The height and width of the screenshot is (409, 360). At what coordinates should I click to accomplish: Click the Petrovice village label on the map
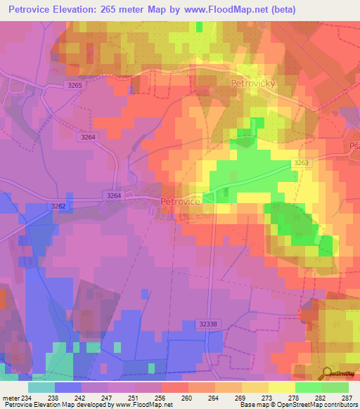(181, 202)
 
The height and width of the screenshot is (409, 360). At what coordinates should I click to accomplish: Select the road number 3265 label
(75, 85)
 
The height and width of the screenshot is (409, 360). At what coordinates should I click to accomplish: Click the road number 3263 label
(302, 162)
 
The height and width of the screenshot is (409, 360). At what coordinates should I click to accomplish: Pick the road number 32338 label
(208, 323)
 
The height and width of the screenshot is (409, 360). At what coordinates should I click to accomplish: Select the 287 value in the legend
(346, 397)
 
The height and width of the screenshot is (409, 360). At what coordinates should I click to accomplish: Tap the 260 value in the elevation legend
(186, 397)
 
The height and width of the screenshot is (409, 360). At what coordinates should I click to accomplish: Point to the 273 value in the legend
(267, 397)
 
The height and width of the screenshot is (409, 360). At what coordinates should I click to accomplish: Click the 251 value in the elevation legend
(133, 397)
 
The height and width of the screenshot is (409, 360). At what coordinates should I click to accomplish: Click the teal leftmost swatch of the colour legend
(41, 387)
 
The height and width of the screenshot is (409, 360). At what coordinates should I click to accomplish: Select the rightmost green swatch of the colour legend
(335, 387)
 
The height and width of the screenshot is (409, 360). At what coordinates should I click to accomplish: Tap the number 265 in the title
(121, 10)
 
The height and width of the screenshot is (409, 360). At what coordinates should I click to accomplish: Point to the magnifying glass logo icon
(327, 372)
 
